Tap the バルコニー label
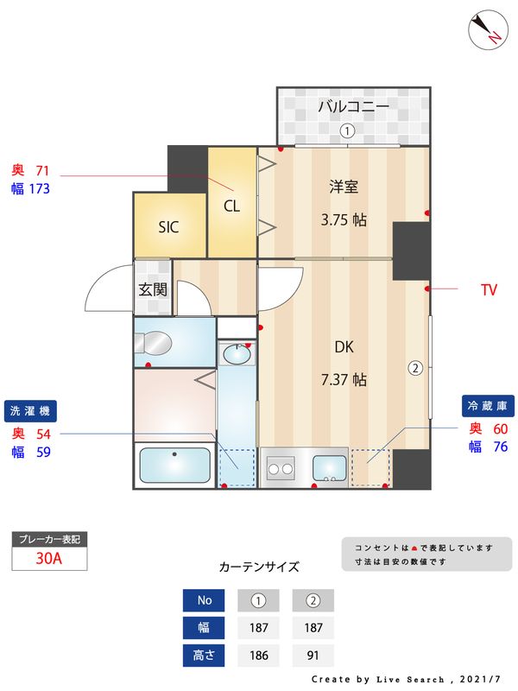pos(353,107)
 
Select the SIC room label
pos(168,228)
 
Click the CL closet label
pos(231,206)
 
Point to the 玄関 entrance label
pos(153,289)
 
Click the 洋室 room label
pos(344,187)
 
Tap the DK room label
pos(344,346)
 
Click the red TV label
pos(489,290)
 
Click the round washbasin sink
pos(237,353)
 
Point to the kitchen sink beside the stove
pos(329,467)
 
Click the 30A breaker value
pos(49,558)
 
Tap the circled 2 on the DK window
pos(415,367)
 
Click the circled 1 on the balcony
pos(346,131)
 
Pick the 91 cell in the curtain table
pos(313,656)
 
